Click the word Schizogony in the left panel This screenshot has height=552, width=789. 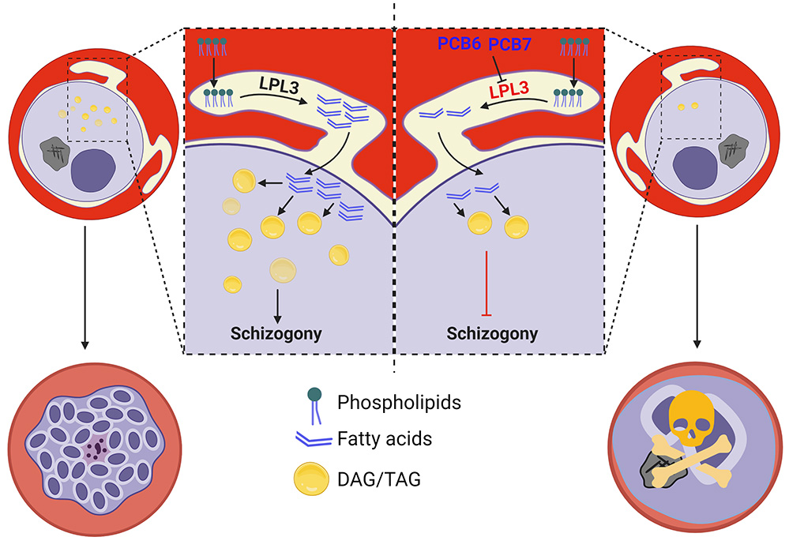pos(276,332)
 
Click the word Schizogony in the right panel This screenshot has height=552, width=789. pos(491,332)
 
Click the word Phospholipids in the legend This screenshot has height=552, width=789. pos(399,403)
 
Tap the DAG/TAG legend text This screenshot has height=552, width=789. pos(370,475)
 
